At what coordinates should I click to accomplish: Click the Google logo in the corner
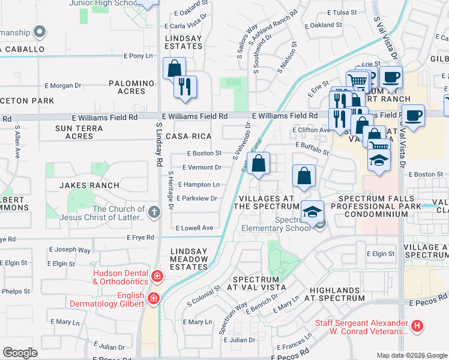[20, 353]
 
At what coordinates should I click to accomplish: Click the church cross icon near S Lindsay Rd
[154, 212]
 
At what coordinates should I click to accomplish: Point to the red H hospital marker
[418, 327]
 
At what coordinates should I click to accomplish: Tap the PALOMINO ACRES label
[131, 87]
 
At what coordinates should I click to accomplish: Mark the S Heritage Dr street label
[171, 191]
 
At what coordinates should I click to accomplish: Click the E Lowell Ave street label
[194, 228]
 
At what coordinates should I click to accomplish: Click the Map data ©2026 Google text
[412, 355]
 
